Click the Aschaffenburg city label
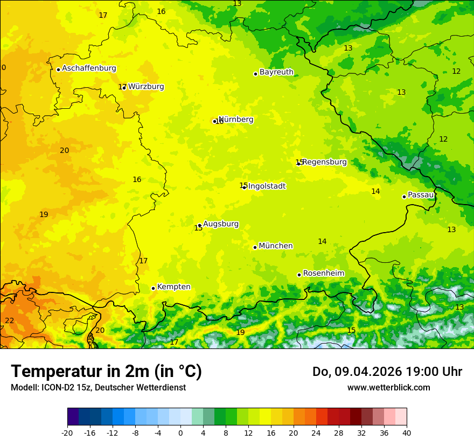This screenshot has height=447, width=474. pos(89,68)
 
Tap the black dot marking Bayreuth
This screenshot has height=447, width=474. pos(255,74)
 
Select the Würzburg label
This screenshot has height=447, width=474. pos(146,87)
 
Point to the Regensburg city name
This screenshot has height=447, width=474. pos(324,162)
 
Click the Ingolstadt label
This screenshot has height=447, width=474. pos(267,186)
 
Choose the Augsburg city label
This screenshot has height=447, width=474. pos(221,224)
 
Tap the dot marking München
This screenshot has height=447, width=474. pos(255,247)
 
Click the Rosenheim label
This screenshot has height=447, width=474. pos(323,274)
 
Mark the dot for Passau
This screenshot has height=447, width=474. pos(404,197)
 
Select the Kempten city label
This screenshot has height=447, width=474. pos(173,287)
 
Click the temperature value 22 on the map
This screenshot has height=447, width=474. pos(10,321)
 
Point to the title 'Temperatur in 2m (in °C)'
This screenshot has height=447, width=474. pos(106,372)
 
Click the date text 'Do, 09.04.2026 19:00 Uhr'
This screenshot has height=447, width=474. pos(387,372)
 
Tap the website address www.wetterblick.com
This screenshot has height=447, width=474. pos(388,388)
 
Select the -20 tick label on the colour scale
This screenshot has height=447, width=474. pos(67,433)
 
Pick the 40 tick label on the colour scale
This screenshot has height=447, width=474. pos(407,433)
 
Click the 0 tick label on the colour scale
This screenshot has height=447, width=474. pos(180,433)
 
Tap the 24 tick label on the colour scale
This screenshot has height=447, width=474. pos(316,433)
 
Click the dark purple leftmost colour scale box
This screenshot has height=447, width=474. pos(73,417)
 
